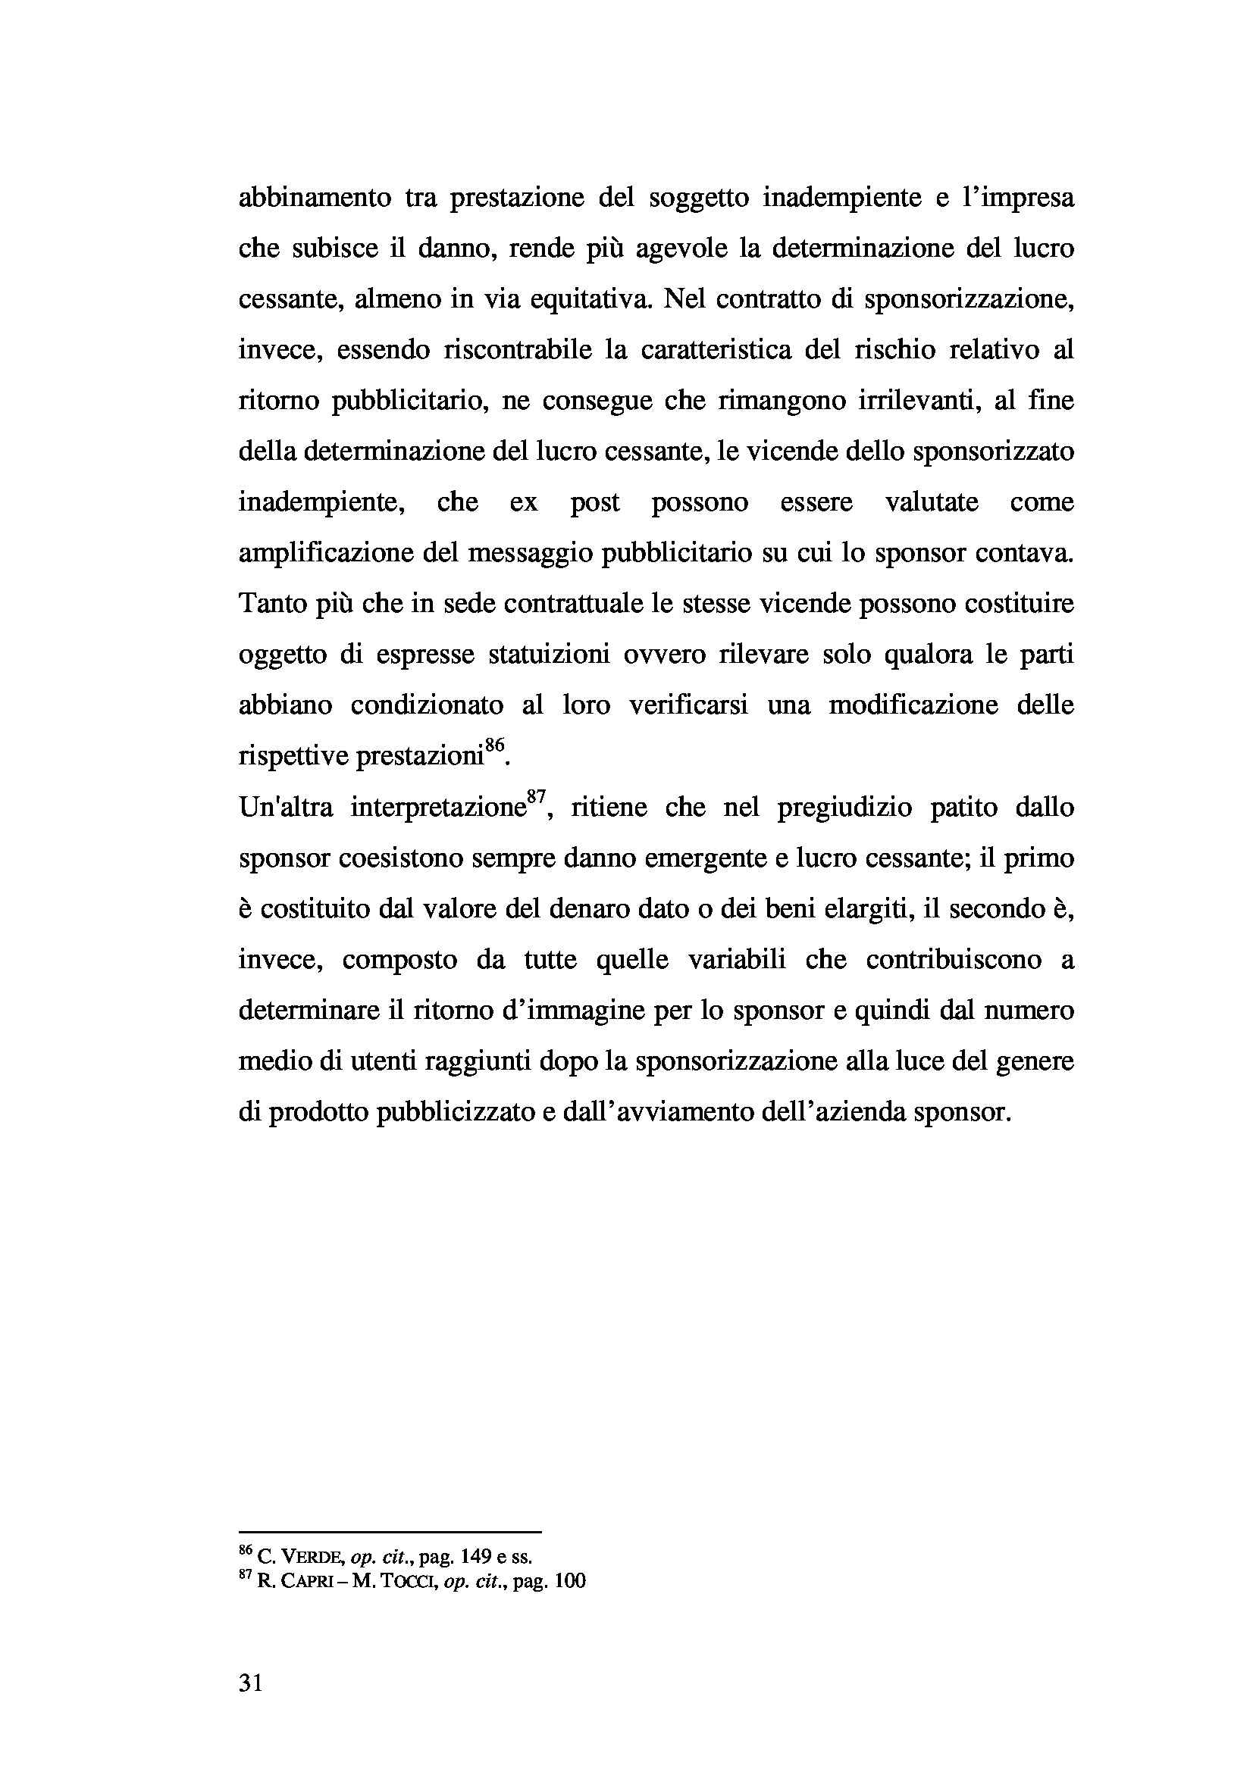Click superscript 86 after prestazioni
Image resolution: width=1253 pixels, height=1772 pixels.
click(x=494, y=745)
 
